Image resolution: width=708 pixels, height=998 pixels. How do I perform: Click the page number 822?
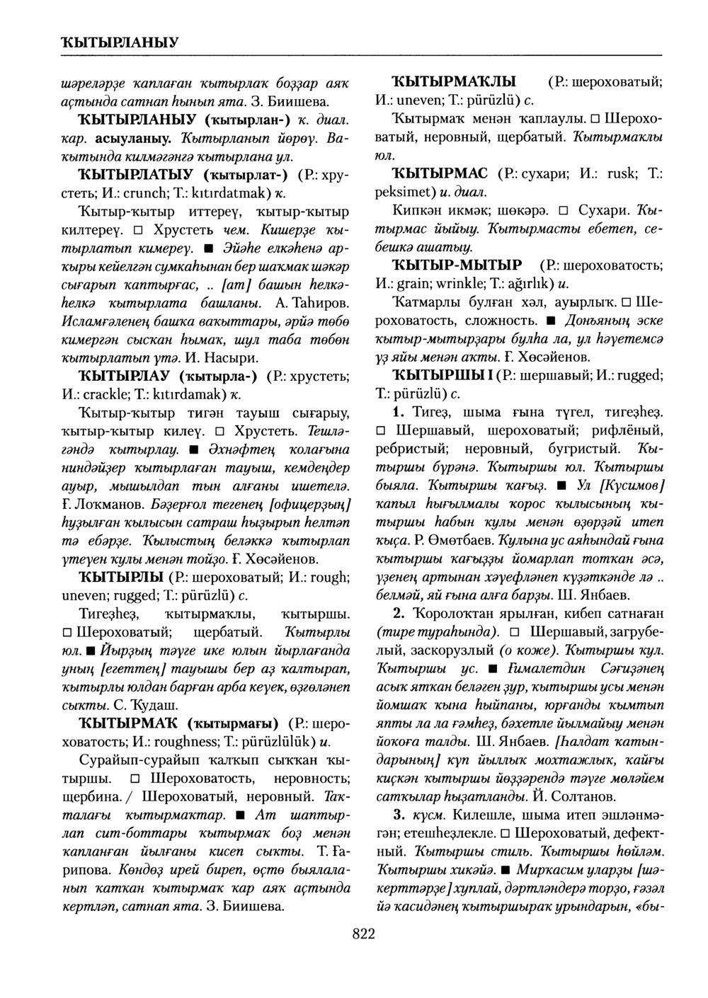point(362,934)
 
